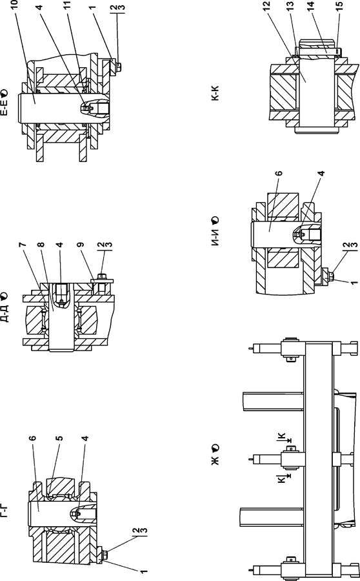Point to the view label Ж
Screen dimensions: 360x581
tap(215, 460)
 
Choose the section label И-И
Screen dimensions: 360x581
tap(215, 237)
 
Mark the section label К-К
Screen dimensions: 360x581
tap(215, 94)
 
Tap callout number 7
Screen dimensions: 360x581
tap(23, 245)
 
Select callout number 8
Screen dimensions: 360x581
tap(41, 245)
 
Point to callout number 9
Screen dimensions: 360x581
tap(81, 245)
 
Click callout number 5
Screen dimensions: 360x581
tap(59, 438)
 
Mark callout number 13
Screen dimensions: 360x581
tap(290, 5)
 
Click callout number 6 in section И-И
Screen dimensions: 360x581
tap(279, 173)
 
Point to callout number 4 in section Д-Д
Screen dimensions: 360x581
tap(59, 245)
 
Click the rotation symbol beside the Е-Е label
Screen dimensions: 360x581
tap(4, 92)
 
